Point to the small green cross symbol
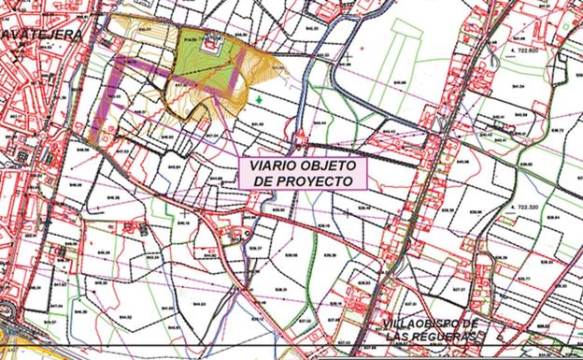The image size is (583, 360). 258,98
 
